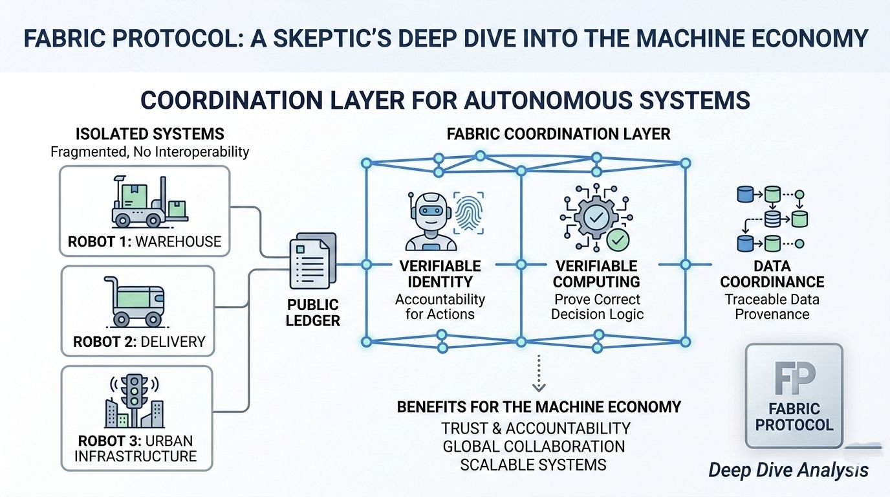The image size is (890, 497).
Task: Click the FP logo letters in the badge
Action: click(x=794, y=378)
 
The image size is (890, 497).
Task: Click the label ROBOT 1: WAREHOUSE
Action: click(x=144, y=242)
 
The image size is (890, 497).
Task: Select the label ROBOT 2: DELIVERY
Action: click(x=139, y=341)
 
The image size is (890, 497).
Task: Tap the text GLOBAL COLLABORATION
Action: click(x=534, y=447)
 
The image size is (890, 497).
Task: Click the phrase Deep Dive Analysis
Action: click(x=788, y=470)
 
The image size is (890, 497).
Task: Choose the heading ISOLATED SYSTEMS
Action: click(x=150, y=134)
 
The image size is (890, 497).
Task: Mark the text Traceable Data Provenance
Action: click(x=772, y=307)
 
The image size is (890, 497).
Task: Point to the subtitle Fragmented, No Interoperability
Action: click(x=150, y=153)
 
